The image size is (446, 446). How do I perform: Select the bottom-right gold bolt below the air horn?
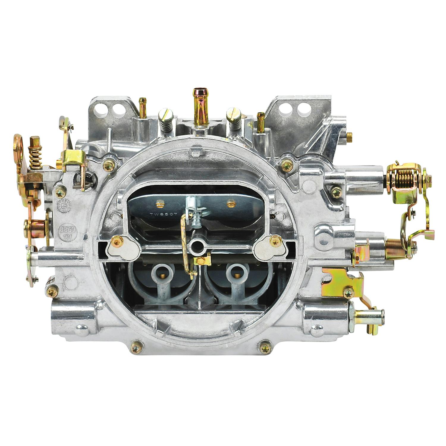click(264, 347)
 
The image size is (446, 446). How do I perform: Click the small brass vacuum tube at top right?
click(261, 118)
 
